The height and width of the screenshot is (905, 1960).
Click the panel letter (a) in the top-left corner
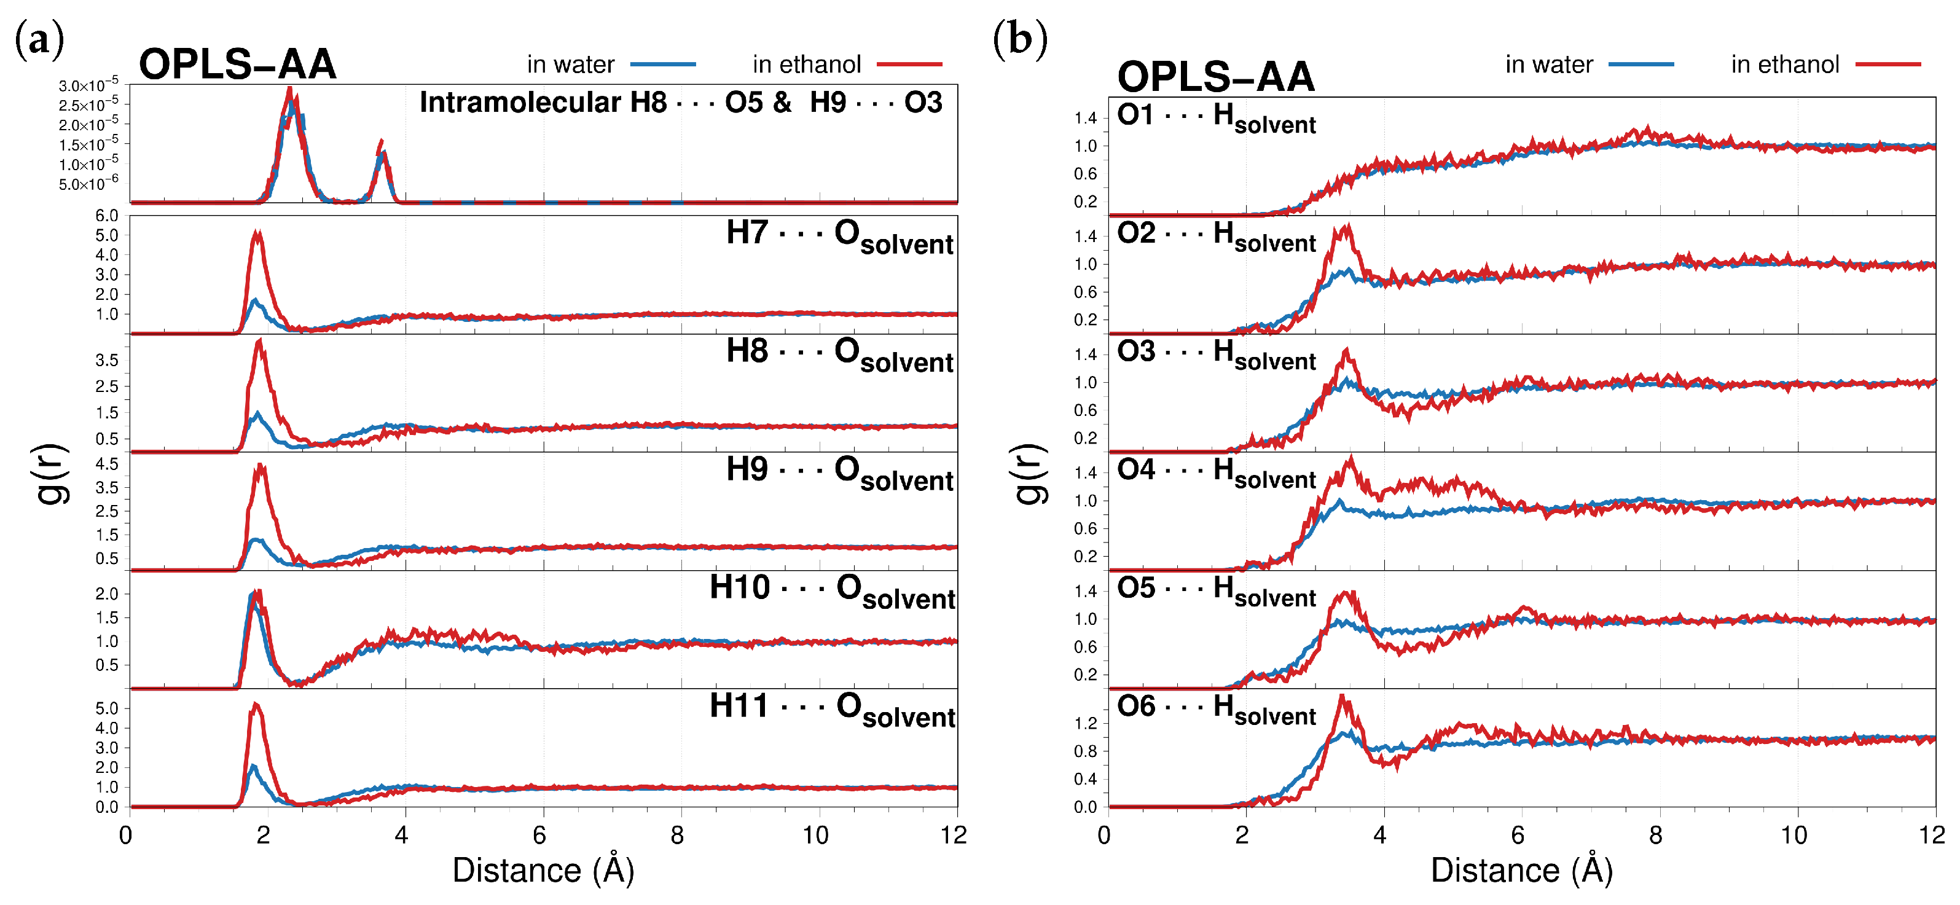pyautogui.click(x=39, y=39)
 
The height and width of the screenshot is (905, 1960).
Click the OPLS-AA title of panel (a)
pyautogui.click(x=237, y=64)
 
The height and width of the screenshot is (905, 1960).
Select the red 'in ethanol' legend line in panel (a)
pyautogui.click(x=909, y=65)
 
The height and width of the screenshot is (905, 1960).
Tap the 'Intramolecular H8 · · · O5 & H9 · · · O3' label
pyautogui.click(x=680, y=103)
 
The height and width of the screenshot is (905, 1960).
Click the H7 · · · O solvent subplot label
pyautogui.click(x=839, y=235)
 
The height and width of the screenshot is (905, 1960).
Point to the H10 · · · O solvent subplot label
pyautogui.click(x=832, y=590)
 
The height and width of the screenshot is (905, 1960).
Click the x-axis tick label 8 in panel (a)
pyautogui.click(x=677, y=836)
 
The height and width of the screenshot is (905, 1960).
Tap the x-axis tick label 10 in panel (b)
pyautogui.click(x=1793, y=836)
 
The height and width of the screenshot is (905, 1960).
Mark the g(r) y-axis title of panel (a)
pyautogui.click(x=52, y=474)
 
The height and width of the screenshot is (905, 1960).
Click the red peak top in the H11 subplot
pyautogui.click(x=256, y=704)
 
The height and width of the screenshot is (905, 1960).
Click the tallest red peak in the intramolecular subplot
pyautogui.click(x=289, y=90)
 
